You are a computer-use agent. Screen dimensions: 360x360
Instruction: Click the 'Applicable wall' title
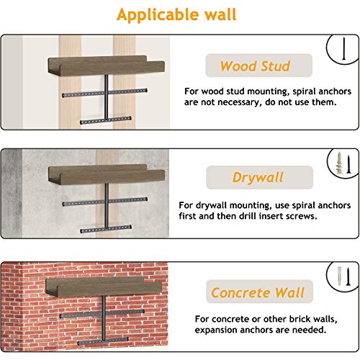click(x=176, y=15)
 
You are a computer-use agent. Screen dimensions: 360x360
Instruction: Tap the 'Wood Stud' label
click(x=255, y=66)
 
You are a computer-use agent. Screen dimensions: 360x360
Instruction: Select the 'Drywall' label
click(x=258, y=178)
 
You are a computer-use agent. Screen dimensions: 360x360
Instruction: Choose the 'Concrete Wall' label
click(x=258, y=292)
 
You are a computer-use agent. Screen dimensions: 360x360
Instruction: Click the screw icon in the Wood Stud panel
click(x=344, y=48)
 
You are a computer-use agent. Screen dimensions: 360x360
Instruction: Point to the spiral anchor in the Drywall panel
click(x=339, y=163)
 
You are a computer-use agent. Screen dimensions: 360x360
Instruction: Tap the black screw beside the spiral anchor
click(x=348, y=164)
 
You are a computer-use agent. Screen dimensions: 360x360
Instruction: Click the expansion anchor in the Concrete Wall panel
click(x=339, y=276)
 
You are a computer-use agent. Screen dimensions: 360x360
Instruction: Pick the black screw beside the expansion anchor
click(x=348, y=276)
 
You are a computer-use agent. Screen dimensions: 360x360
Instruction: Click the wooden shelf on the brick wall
click(x=104, y=287)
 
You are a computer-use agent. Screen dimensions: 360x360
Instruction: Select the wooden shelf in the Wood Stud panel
click(x=107, y=65)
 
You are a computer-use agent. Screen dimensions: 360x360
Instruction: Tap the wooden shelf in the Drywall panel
click(x=107, y=174)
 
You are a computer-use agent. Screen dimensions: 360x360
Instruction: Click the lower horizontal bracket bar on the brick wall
click(x=103, y=341)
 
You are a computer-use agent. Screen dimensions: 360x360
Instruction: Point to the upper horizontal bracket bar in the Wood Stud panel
click(x=104, y=93)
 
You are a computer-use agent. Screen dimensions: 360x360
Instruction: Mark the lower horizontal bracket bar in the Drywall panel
click(x=106, y=229)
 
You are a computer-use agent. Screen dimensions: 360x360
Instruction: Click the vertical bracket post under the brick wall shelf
click(x=104, y=318)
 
